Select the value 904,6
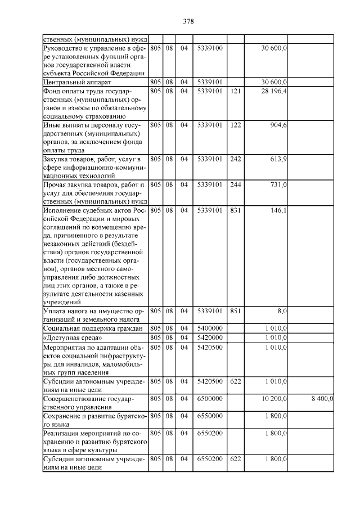click(279, 125)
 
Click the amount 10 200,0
click(274, 398)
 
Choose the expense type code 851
click(236, 310)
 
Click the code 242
click(236, 159)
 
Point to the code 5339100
click(210, 48)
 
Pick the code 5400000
click(210, 328)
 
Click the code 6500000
click(210, 398)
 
